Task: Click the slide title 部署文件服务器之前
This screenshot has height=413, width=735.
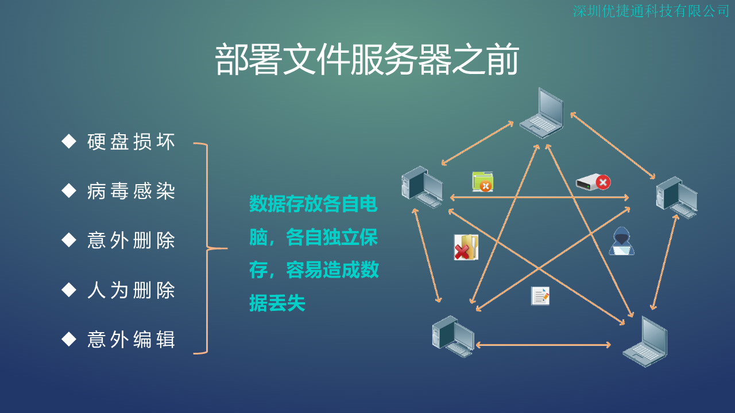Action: pyautogui.click(x=367, y=60)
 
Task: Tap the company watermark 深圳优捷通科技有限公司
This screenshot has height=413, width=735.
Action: pyautogui.click(x=651, y=11)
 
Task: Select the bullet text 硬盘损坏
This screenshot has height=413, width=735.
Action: pyautogui.click(x=131, y=142)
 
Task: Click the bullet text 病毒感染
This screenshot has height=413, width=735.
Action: pyautogui.click(x=131, y=191)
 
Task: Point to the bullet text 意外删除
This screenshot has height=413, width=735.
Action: pyautogui.click(x=131, y=240)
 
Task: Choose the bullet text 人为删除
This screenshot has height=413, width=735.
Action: pyautogui.click(x=131, y=290)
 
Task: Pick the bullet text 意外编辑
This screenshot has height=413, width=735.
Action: pyautogui.click(x=131, y=339)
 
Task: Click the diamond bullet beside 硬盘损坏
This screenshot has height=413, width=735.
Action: pyautogui.click(x=69, y=141)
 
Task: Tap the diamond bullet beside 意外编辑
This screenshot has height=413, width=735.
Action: pyautogui.click(x=69, y=339)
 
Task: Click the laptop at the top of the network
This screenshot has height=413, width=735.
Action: pyautogui.click(x=542, y=113)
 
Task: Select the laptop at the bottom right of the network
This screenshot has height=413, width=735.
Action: pyautogui.click(x=645, y=341)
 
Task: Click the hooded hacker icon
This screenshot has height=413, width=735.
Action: pyautogui.click(x=621, y=241)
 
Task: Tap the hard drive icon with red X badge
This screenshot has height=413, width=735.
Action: pyautogui.click(x=593, y=182)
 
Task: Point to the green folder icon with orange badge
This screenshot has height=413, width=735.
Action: pyautogui.click(x=483, y=182)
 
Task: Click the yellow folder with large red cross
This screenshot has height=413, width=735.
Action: pyautogui.click(x=466, y=247)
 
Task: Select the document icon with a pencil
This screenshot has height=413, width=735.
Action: pyautogui.click(x=540, y=296)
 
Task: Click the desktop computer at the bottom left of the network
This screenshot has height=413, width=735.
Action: pyautogui.click(x=453, y=336)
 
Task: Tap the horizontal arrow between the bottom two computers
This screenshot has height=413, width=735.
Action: pyautogui.click(x=543, y=345)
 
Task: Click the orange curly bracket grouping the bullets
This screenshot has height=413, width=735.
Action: pyautogui.click(x=207, y=248)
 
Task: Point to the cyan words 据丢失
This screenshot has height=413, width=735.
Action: pyautogui.click(x=277, y=303)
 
